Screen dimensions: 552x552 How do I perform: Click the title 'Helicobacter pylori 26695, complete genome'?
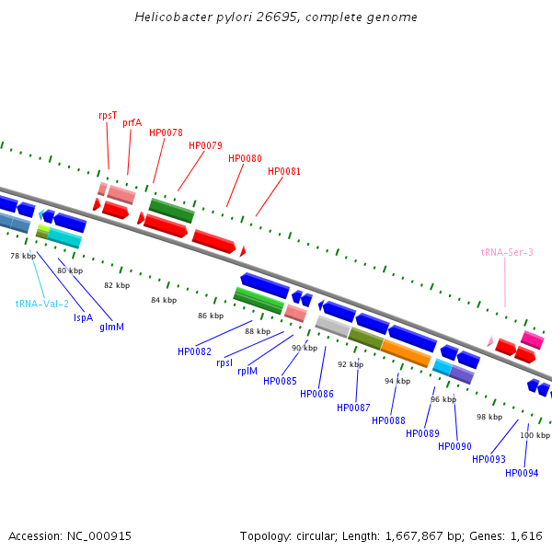pos(276,17)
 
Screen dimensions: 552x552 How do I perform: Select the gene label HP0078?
pos(166,132)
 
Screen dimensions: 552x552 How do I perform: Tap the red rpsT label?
pos(108,115)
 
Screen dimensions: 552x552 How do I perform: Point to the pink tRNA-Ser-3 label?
pos(507,251)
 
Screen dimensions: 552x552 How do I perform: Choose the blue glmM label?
pos(111,328)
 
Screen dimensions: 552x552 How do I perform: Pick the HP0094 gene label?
pos(522,473)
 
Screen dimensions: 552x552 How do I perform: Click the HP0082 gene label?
pos(194,351)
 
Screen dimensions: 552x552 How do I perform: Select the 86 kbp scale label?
pos(211,316)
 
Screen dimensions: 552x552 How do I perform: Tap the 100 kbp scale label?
pos(535,435)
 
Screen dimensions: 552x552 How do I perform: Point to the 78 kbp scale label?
pos(23,256)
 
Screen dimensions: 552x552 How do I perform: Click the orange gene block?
pos(406,352)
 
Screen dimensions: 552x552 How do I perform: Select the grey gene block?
pos(333,326)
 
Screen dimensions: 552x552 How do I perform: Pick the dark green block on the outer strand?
pos(172,211)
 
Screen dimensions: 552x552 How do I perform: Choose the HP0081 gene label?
pos(284,171)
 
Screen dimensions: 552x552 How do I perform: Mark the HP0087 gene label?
pos(353,408)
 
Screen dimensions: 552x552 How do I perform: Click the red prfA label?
pos(132,122)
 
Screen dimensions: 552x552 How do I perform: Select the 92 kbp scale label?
pos(351,364)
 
